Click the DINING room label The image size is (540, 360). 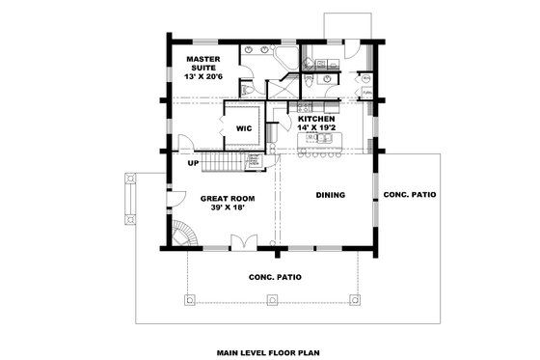(330, 195)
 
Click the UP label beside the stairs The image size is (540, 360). (194, 163)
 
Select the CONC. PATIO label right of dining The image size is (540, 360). (409, 195)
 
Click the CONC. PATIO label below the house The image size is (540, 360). (275, 277)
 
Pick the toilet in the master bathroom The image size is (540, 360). (248, 89)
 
